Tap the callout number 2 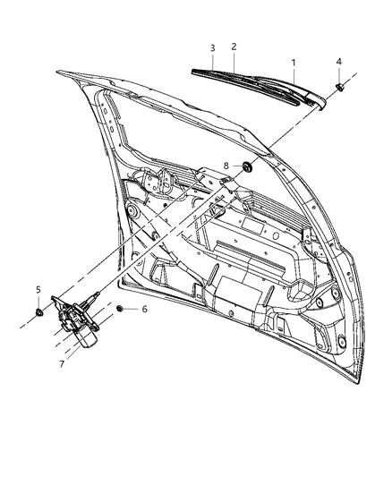point(234,46)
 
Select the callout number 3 point(212,47)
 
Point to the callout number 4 point(339,61)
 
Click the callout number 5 point(38,289)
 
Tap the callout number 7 point(60,365)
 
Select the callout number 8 point(201,165)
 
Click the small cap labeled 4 point(341,87)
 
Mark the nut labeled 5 point(39,312)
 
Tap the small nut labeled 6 point(120,308)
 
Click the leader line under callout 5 point(39,300)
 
